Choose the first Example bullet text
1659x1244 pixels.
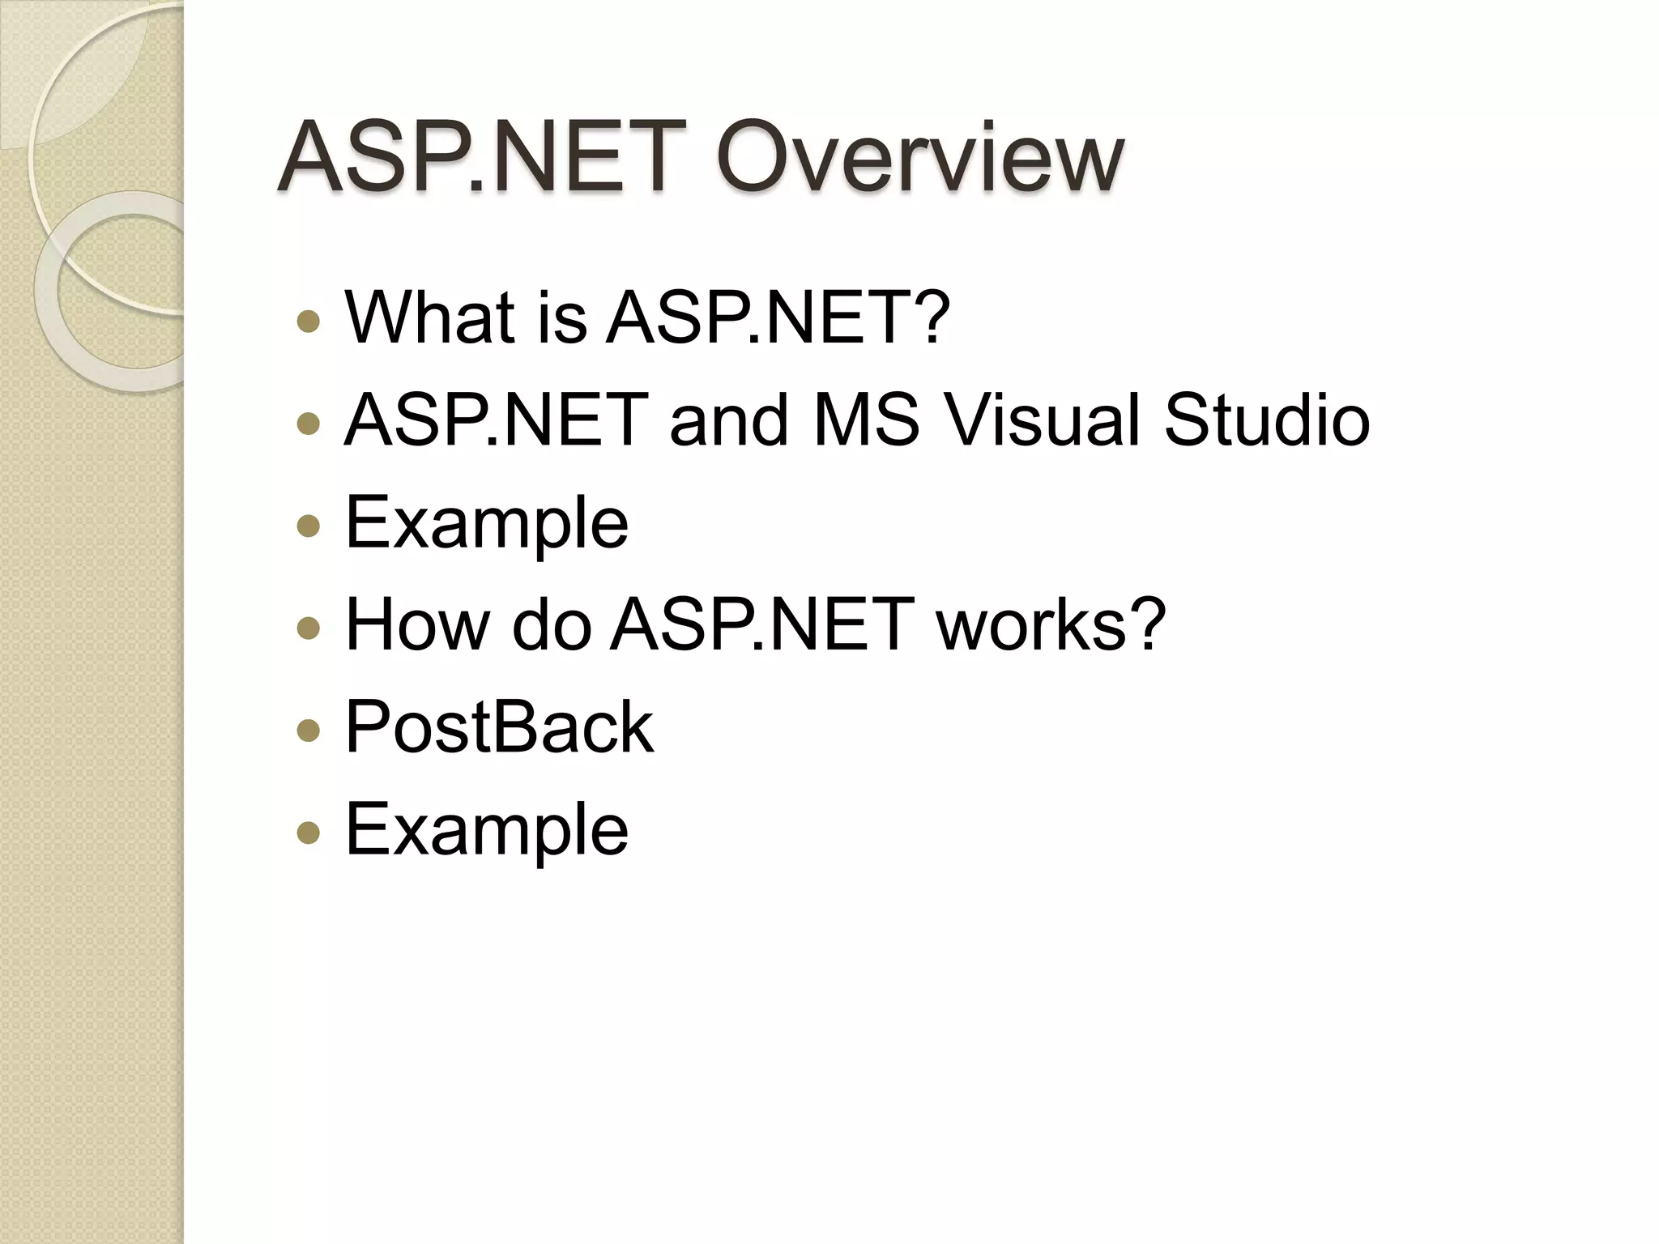tap(487, 522)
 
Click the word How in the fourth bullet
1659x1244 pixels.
tap(417, 624)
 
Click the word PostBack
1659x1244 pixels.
tap(499, 726)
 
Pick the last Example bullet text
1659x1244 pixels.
tap(487, 829)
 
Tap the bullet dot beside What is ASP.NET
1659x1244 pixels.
tap(309, 322)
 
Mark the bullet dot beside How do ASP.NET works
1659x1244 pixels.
tap(309, 628)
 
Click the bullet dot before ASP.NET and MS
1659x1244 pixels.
tap(309, 424)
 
